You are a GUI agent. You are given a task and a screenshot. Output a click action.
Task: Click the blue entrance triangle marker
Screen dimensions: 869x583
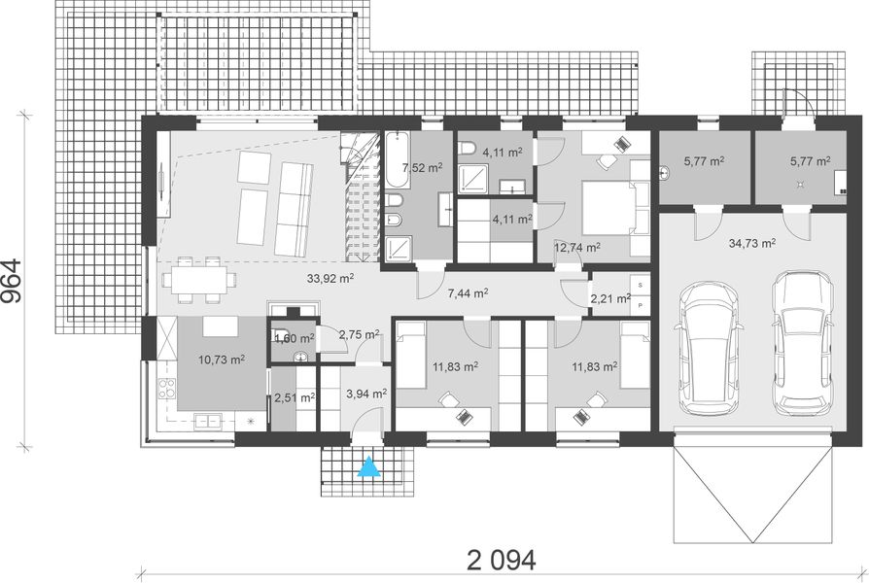click(369, 467)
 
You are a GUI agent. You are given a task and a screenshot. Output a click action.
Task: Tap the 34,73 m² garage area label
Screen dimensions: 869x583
click(752, 243)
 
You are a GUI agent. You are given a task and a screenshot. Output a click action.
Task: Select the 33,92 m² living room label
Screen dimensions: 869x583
click(330, 278)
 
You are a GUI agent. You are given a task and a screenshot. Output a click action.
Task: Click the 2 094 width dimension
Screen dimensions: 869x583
click(502, 561)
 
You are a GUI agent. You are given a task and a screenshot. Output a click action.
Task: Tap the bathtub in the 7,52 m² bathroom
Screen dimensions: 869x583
click(397, 160)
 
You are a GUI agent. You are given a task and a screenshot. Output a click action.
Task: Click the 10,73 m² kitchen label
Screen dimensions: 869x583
click(222, 360)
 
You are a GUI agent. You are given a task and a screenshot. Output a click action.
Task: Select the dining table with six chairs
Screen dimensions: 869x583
click(199, 280)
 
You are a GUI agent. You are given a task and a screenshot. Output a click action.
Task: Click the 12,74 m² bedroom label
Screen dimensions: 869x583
click(577, 247)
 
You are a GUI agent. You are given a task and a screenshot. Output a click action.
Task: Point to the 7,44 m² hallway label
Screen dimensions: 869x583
click(468, 292)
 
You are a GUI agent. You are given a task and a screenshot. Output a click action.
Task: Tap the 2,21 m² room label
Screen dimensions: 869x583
click(610, 299)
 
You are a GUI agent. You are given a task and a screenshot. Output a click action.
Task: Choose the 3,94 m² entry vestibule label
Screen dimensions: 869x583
click(366, 394)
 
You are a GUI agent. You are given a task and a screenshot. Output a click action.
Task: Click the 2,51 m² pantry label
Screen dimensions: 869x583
click(295, 397)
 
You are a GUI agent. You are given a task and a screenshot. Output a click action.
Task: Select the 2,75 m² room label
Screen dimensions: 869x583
click(359, 334)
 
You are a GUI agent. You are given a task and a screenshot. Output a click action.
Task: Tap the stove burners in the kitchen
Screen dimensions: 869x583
click(164, 388)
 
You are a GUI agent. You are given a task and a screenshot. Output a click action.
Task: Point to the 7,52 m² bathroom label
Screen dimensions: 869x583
click(422, 167)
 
